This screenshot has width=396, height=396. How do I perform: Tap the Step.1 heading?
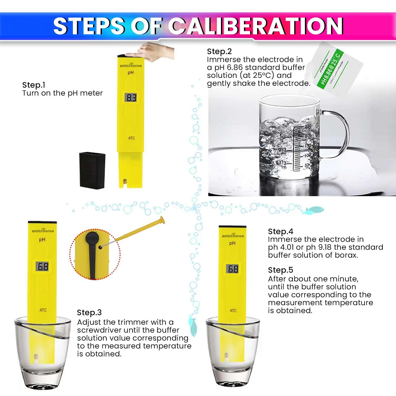tap(34, 85)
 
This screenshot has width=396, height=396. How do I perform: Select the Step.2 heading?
tap(219, 51)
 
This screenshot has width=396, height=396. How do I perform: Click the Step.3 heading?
tap(89, 313)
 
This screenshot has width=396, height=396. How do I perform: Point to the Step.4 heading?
tap(280, 232)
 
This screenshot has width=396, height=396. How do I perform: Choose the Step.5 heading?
tap(280, 270)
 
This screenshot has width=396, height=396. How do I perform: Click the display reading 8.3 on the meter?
tap(131, 98)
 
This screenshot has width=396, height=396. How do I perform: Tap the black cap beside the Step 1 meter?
tap(92, 170)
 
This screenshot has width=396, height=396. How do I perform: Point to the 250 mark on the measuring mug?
tap(308, 126)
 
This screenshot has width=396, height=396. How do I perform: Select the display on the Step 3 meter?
tap(42, 267)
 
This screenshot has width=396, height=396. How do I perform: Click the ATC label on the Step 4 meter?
tap(233, 310)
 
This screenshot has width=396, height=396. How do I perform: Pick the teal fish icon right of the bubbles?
tap(314, 210)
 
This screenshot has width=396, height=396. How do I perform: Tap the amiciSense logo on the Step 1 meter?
tap(131, 65)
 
